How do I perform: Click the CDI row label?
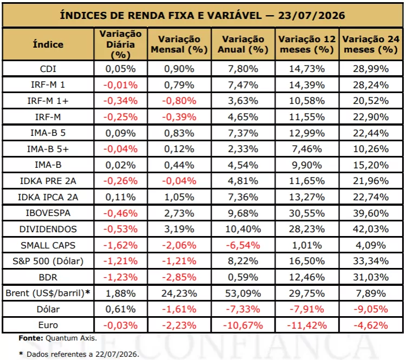(48, 69)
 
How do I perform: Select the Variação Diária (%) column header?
(120, 44)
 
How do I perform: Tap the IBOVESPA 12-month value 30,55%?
(307, 213)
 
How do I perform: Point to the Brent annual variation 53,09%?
(243, 293)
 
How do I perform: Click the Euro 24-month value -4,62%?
(371, 325)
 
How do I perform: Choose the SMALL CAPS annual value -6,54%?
(243, 245)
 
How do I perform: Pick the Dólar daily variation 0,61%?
(120, 309)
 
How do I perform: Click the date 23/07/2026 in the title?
(311, 16)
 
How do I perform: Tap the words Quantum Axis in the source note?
(71, 338)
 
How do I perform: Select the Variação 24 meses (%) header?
(371, 44)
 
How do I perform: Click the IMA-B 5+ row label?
(48, 149)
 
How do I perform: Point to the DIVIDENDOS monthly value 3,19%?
(179, 229)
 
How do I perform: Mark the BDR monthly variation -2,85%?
(179, 277)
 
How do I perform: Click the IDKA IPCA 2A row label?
(48, 197)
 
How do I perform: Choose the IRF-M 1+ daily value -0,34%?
(120, 101)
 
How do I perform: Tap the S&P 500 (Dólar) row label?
(48, 261)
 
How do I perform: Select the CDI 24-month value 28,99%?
(371, 69)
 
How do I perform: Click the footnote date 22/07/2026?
(117, 354)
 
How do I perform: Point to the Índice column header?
(48, 44)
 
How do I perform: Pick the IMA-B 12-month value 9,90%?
(307, 165)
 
